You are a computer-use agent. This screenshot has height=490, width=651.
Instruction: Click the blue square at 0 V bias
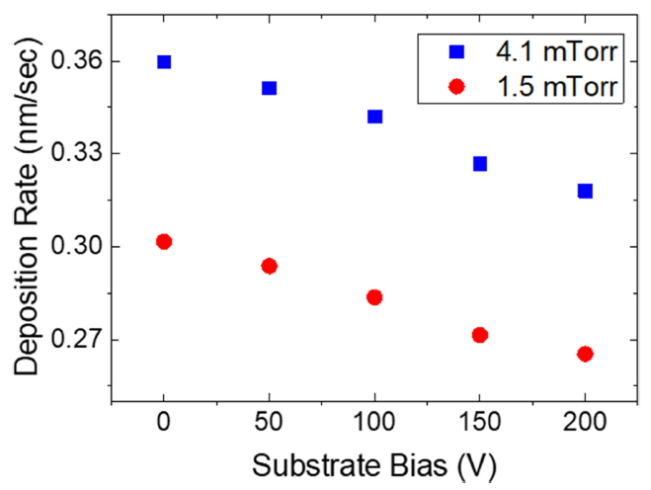click(x=164, y=61)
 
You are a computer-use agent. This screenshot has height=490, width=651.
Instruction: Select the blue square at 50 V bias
click(x=269, y=88)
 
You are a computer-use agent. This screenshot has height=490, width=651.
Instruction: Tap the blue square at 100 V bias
click(x=374, y=116)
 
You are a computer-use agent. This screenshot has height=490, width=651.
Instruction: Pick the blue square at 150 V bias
click(x=480, y=163)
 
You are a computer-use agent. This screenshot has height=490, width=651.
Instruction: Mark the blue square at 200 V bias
click(x=585, y=191)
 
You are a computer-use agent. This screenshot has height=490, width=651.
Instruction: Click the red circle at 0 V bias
click(x=164, y=241)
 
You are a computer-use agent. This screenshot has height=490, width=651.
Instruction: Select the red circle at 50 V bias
click(x=269, y=266)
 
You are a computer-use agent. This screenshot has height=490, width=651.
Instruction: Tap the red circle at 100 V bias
click(x=374, y=296)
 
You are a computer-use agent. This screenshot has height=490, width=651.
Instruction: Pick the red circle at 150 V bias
click(x=480, y=335)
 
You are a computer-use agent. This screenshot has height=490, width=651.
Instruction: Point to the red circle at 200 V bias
click(x=585, y=354)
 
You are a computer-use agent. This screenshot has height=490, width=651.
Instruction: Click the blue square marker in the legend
click(x=456, y=50)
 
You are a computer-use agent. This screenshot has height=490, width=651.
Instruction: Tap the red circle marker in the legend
click(x=456, y=87)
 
